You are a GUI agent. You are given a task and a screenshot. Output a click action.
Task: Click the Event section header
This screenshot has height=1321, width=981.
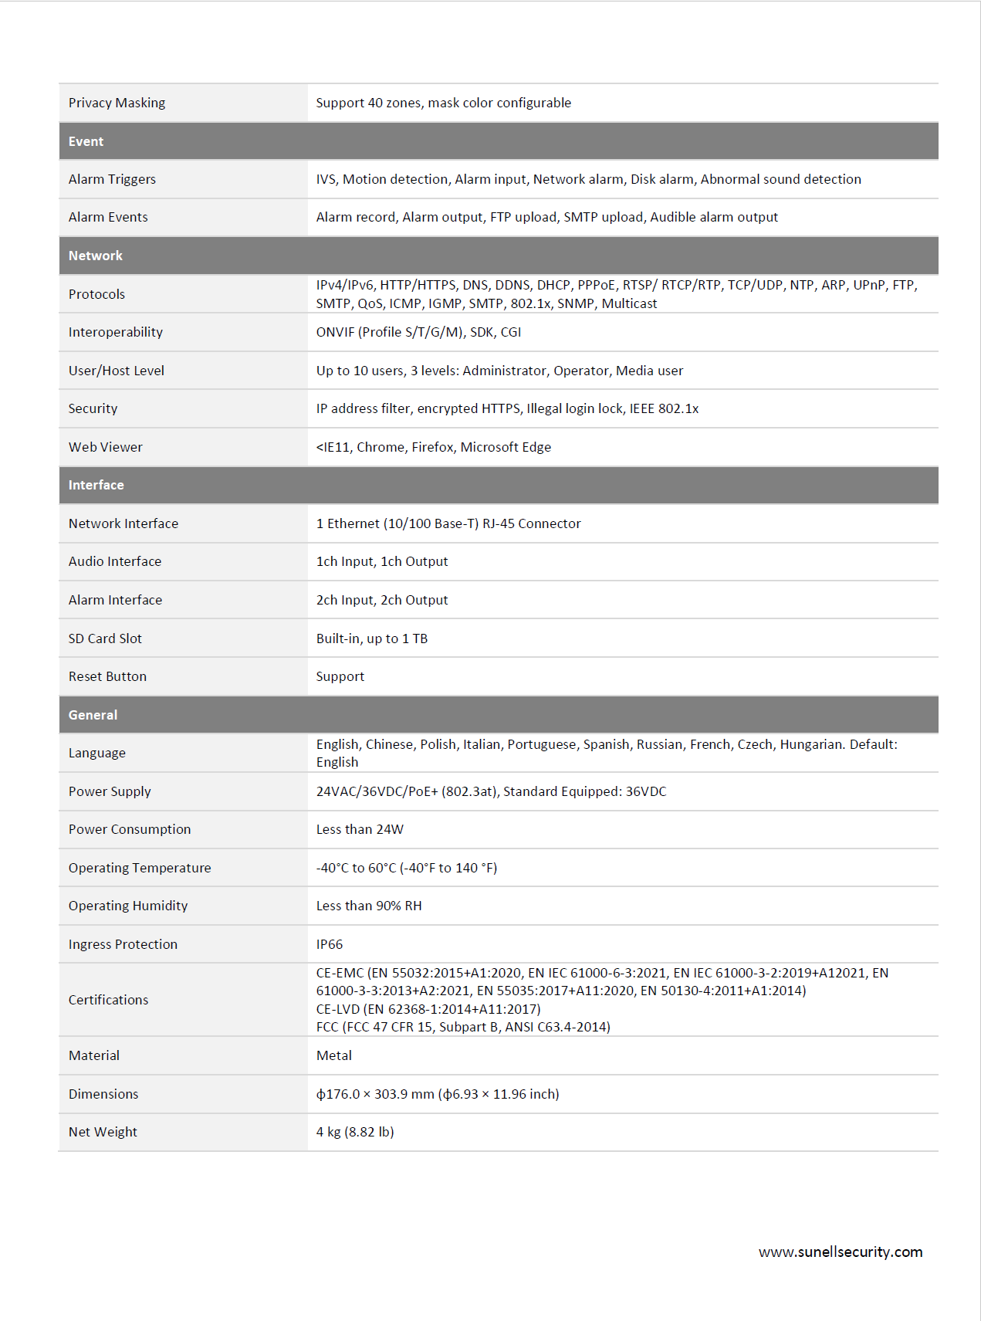(86, 141)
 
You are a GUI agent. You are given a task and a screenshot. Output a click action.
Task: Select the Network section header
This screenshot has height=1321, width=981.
(95, 256)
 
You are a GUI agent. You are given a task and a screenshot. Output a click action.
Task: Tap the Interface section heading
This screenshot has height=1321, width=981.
(96, 485)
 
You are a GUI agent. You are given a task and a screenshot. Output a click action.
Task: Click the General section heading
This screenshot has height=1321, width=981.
(93, 715)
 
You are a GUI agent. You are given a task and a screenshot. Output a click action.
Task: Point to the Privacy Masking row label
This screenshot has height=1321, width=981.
(117, 103)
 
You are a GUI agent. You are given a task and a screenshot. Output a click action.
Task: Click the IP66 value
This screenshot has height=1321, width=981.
(330, 944)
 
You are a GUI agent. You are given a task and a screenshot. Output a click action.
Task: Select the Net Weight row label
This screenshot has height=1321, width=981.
(103, 1132)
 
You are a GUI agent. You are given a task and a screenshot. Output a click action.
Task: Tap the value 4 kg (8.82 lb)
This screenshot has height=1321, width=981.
(355, 1132)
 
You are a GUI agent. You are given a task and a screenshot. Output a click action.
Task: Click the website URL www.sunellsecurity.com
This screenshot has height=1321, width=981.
(841, 1252)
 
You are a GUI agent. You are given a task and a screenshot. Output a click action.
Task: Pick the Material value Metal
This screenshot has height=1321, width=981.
(334, 1055)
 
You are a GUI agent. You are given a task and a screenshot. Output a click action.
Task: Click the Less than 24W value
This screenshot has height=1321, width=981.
(360, 829)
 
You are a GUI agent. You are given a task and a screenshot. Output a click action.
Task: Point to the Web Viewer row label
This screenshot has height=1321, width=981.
(106, 447)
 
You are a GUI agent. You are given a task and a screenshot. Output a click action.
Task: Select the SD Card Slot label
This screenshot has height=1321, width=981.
(105, 638)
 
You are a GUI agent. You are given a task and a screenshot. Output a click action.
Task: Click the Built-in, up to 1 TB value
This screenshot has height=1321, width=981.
(372, 638)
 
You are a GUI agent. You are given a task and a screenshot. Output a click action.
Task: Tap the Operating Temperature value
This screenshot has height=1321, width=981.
(407, 868)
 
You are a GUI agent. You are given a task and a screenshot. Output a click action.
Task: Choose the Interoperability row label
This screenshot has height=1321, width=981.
(116, 332)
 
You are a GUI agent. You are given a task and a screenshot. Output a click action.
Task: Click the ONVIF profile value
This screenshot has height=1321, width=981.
(418, 332)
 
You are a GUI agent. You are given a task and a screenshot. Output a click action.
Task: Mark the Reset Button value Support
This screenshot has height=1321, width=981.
(340, 676)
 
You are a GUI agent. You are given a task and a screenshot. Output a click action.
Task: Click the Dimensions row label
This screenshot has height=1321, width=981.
(103, 1094)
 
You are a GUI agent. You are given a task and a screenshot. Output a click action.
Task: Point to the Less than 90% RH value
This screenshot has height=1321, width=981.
(369, 906)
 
